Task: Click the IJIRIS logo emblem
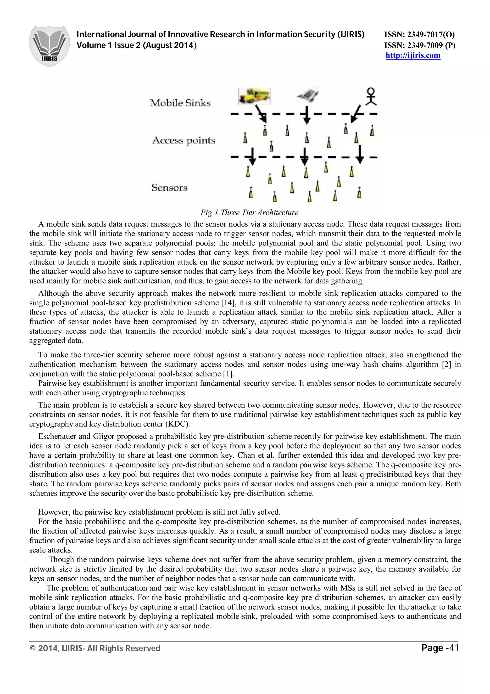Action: pyautogui.click(x=49, y=46)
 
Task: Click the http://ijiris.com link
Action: pyautogui.click(x=413, y=56)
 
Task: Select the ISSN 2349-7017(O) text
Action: pyautogui.click(x=419, y=34)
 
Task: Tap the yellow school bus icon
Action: pyautogui.click(x=254, y=96)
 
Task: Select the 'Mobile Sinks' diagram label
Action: pyautogui.click(x=180, y=103)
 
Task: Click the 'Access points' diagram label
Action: pyautogui.click(x=184, y=141)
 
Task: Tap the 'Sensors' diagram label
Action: pyautogui.click(x=169, y=188)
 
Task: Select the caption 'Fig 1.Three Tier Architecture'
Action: pyautogui.click(x=249, y=212)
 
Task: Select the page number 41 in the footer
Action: pyautogui.click(x=454, y=648)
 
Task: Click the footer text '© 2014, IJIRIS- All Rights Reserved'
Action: pyautogui.click(x=95, y=648)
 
